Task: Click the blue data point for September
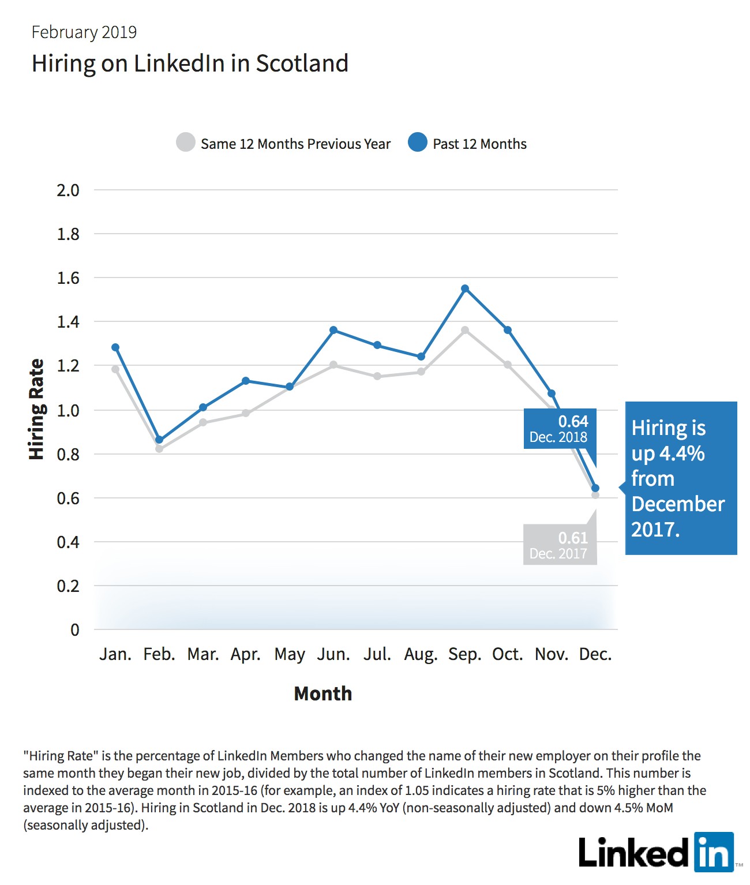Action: coord(465,288)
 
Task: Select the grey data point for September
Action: coord(465,330)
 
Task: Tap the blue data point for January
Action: coord(115,347)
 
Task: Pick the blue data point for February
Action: coord(159,440)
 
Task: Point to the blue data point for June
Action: coord(334,330)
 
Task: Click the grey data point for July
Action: coord(377,376)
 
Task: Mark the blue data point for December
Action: coord(595,488)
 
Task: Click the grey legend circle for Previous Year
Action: coord(186,142)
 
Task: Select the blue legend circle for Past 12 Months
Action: coord(417,142)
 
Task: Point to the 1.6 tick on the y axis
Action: coord(68,278)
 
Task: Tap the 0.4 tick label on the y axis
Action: coord(68,542)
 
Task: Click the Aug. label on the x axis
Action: coord(421,655)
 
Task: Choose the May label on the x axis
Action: coord(290,655)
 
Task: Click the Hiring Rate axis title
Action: coord(36,409)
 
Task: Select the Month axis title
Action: coord(322,693)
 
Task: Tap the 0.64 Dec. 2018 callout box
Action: coord(560,429)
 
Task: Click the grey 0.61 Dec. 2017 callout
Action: coord(560,545)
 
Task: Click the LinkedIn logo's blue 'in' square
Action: coord(714,852)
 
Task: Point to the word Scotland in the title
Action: coord(302,63)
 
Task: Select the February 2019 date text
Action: coord(84,32)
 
